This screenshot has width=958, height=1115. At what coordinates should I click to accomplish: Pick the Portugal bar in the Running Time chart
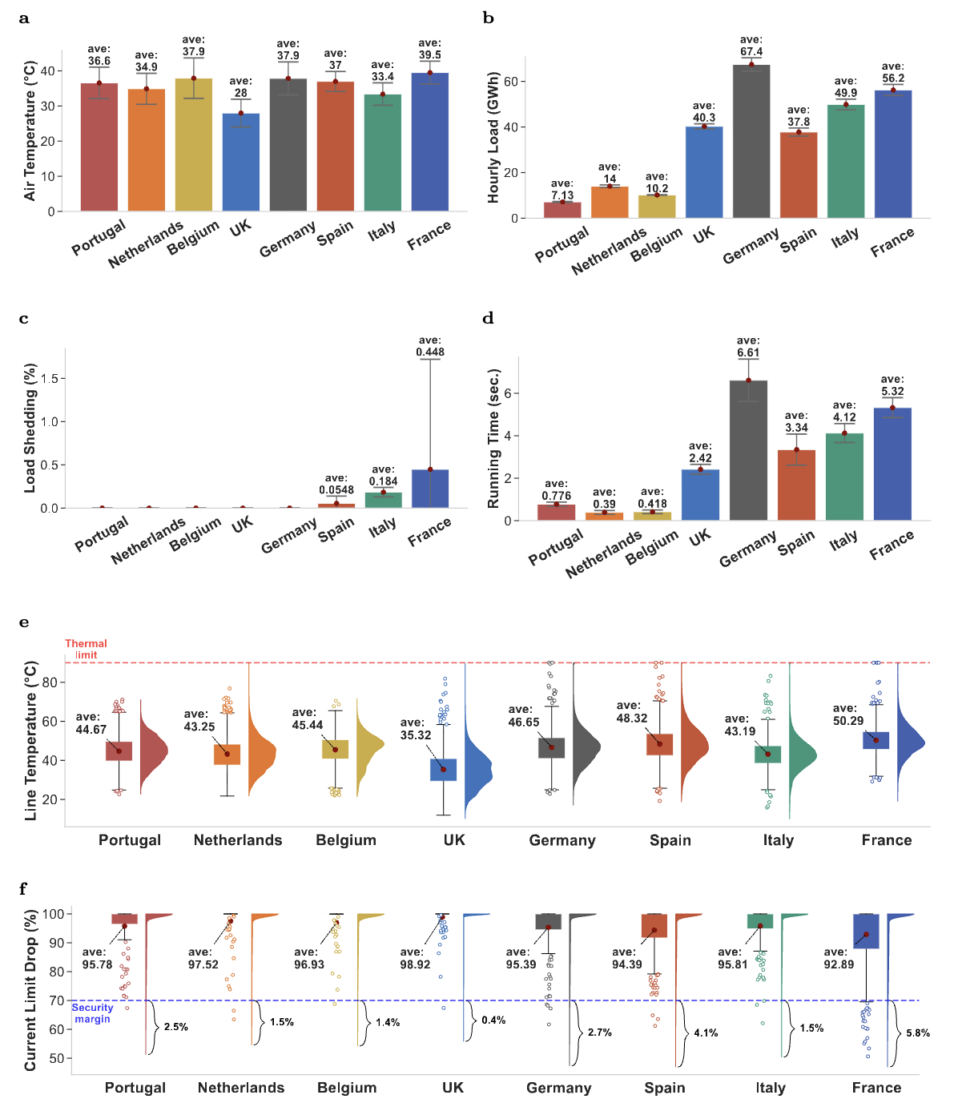click(556, 512)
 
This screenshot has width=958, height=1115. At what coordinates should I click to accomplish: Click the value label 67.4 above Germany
click(751, 52)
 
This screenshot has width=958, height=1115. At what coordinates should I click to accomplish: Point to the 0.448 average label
click(430, 352)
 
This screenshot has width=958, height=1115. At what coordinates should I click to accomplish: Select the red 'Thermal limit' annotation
click(86, 649)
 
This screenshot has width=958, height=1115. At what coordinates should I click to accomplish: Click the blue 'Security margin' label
click(92, 1013)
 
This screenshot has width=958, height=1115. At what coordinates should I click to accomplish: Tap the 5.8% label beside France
click(918, 1033)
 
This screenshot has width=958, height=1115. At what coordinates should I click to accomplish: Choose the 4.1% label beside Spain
click(706, 1032)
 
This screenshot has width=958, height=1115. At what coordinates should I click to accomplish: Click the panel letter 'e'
click(24, 622)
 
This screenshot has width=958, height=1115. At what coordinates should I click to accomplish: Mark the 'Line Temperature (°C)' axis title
click(31, 741)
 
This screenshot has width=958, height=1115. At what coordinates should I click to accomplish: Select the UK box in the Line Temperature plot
click(443, 770)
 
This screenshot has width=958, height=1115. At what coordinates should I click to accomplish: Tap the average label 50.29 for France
click(848, 721)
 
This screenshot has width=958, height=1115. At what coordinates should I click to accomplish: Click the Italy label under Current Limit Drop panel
click(771, 1088)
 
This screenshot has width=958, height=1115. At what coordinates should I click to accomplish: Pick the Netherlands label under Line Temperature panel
click(238, 840)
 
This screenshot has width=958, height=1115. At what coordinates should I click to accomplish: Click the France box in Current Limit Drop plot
click(866, 932)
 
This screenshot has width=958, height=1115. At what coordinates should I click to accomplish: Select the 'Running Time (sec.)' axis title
click(493, 438)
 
